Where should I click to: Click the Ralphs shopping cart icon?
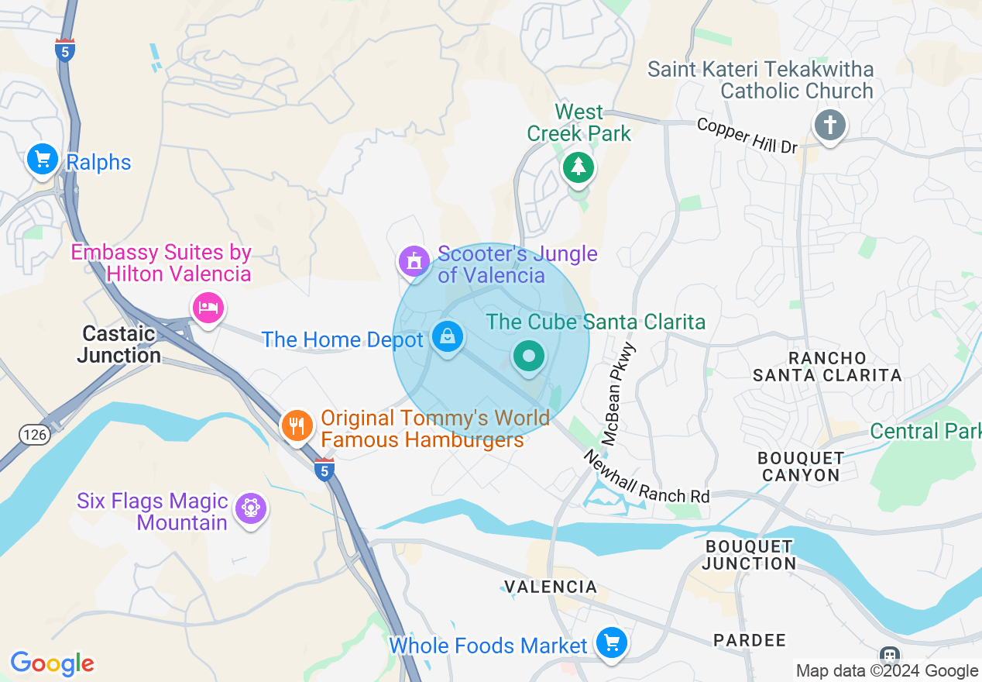pos(42,160)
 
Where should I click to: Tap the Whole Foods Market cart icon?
pos(611,643)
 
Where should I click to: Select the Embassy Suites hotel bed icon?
pos(208,308)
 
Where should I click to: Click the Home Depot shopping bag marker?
pos(448,337)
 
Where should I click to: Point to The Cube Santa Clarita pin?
pos(529,357)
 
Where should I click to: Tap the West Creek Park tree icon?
pos(578,166)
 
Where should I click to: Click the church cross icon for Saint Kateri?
pos(829,125)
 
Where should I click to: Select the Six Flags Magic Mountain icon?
pos(249,509)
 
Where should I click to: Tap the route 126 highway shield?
pos(35,435)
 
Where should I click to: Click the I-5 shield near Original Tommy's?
pos(324,469)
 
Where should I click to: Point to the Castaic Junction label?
pos(119,345)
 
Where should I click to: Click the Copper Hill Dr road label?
pos(747,136)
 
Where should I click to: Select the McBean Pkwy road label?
pos(619,395)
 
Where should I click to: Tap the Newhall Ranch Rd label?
pos(646,478)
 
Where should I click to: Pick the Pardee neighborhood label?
pos(749,640)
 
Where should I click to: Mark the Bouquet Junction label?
pos(750,555)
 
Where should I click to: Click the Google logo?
pos(52,663)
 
